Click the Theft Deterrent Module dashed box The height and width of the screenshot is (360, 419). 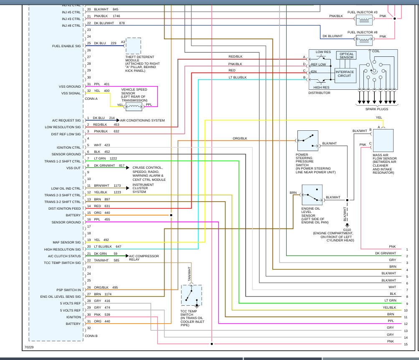pyautogui.click(x=133, y=46)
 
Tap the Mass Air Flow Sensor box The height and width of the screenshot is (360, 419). pyautogui.click(x=383, y=141)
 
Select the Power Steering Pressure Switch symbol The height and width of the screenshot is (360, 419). pyautogui.click(x=308, y=141)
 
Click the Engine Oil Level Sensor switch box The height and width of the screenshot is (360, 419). pyautogui.click(x=312, y=195)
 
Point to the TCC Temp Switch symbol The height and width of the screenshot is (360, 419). pyautogui.click(x=192, y=295)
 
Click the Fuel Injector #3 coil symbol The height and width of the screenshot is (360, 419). pyautogui.click(x=364, y=19)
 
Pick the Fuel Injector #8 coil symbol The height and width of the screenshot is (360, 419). pyautogui.click(x=364, y=39)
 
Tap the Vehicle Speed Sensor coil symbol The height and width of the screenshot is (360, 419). pyautogui.click(x=134, y=107)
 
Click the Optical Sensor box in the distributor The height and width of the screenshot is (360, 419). pyautogui.click(x=346, y=56)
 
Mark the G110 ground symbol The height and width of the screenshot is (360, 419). pyautogui.click(x=348, y=226)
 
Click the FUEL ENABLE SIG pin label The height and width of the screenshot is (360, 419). pyautogui.click(x=66, y=46)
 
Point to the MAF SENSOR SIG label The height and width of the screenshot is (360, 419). pyautogui.click(x=66, y=242)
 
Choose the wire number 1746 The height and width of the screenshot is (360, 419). pyautogui.click(x=116, y=16)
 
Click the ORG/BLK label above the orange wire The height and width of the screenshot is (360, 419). pyautogui.click(x=240, y=138)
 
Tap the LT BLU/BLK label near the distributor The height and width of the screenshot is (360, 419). pyautogui.click(x=238, y=77)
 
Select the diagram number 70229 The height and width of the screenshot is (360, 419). pyautogui.click(x=29, y=347)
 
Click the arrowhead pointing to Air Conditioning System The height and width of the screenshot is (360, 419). pyautogui.click(x=118, y=120)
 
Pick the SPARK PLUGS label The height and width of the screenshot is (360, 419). pyautogui.click(x=377, y=109)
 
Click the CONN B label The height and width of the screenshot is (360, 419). pyautogui.click(x=91, y=336)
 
